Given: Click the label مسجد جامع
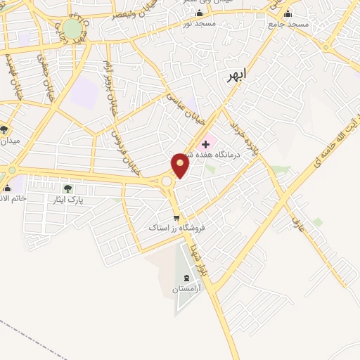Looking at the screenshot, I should coord(288,24).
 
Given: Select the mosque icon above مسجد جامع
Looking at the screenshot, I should coord(287,13).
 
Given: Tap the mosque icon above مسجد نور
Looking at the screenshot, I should coord(199,13).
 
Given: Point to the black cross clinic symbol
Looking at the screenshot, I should coord(205,143).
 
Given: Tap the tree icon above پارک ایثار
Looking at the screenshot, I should coord(67,188).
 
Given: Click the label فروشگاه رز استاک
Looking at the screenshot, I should coord(174,228).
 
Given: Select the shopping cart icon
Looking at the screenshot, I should coord(176,217).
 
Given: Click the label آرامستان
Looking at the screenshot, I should coord(186,289).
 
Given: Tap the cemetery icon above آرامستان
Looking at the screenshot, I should coord(186,278).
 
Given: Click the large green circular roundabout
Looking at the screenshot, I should coord(72,29).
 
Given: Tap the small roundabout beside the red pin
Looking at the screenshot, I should coord(167,181).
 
